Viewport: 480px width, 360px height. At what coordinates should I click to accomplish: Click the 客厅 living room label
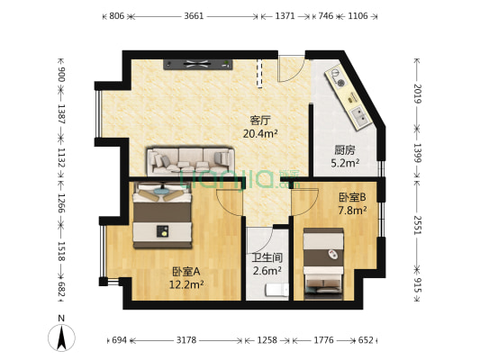click(259, 119)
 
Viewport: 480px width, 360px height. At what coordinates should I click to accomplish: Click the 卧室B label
click(351, 197)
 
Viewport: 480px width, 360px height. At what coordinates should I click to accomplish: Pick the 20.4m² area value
click(259, 133)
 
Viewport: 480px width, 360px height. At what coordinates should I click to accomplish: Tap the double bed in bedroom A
click(163, 216)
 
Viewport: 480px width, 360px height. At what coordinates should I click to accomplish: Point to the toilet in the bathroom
click(274, 290)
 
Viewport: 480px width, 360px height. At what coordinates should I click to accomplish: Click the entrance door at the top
click(291, 67)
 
